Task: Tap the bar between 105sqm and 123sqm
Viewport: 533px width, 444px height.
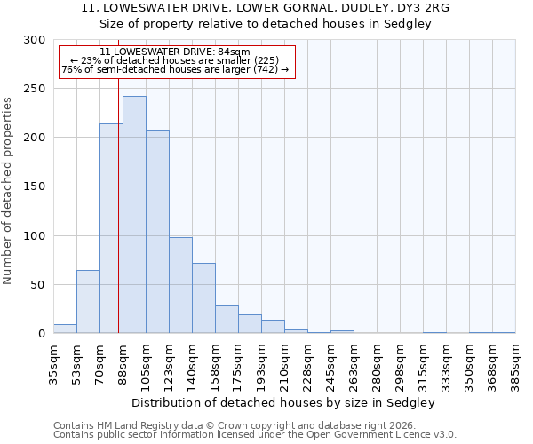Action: tap(157, 232)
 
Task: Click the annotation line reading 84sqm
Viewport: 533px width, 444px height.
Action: tap(175, 52)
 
